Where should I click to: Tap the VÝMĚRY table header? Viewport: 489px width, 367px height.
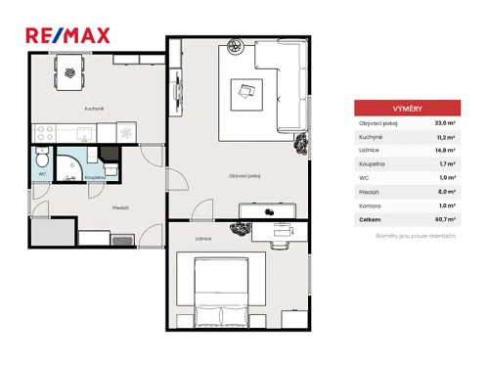click(409, 109)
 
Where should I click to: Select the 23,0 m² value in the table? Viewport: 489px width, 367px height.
click(446, 124)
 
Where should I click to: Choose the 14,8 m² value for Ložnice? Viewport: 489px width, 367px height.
click(446, 152)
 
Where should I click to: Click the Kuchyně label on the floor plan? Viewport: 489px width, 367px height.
click(68, 109)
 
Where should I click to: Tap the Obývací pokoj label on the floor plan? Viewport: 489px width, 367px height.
click(244, 176)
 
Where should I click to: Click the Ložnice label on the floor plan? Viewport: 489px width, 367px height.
click(203, 238)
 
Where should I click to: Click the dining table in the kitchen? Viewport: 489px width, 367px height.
click(69, 69)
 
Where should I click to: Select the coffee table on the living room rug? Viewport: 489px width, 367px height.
click(245, 92)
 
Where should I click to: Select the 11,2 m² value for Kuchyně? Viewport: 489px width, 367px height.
click(446, 138)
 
